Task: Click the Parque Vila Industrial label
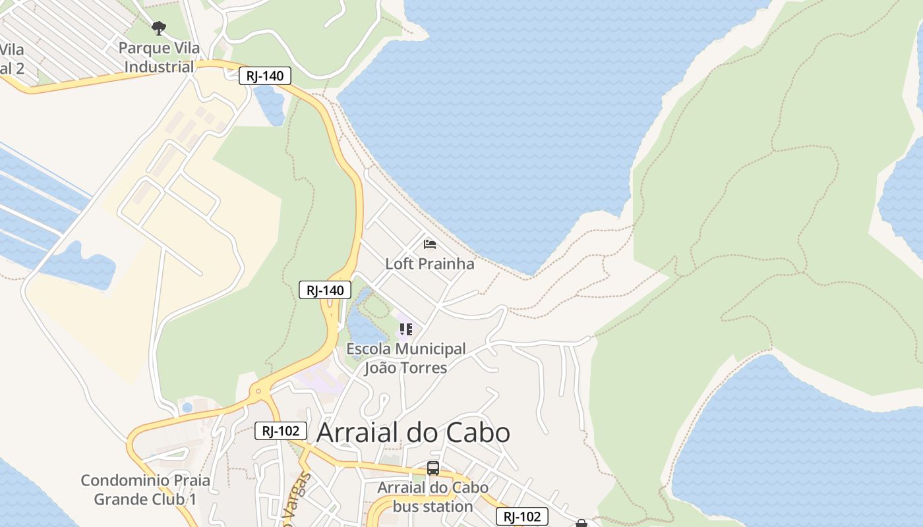pyautogui.click(x=159, y=58)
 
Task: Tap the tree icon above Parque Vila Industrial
pyautogui.click(x=158, y=28)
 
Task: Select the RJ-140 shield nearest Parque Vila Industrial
pyautogui.click(x=265, y=76)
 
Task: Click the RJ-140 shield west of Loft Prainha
pyautogui.click(x=325, y=290)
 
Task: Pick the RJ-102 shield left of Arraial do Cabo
pyautogui.click(x=281, y=431)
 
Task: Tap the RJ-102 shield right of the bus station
pyautogui.click(x=521, y=516)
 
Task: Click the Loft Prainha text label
pyautogui.click(x=429, y=264)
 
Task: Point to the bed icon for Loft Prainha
pyautogui.click(x=430, y=244)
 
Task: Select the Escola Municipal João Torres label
pyautogui.click(x=405, y=358)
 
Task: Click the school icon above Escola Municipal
pyautogui.click(x=405, y=329)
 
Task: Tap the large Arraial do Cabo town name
pyautogui.click(x=413, y=433)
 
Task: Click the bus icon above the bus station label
pyautogui.click(x=432, y=468)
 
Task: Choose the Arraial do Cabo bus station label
pyautogui.click(x=432, y=497)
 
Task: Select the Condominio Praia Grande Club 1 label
pyautogui.click(x=145, y=489)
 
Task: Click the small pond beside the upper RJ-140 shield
pyautogui.click(x=270, y=104)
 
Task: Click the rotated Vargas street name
pyautogui.click(x=297, y=501)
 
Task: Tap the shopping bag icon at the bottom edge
pyautogui.click(x=581, y=523)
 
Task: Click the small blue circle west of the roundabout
pyautogui.click(x=187, y=408)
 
